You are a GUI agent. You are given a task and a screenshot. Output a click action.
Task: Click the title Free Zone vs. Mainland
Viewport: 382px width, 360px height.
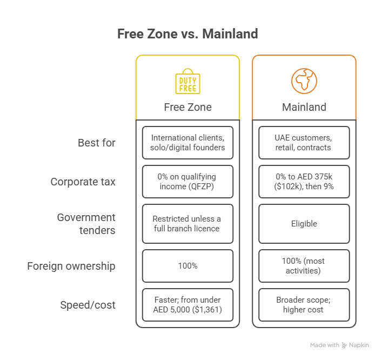pyautogui.click(x=187, y=34)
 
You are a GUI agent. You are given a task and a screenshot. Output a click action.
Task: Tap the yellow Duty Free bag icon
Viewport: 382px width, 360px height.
pyautogui.click(x=187, y=81)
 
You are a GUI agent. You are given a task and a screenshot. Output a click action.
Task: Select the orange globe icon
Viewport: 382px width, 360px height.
pyautogui.click(x=304, y=81)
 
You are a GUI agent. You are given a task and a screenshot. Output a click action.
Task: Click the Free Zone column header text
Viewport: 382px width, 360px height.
pyautogui.click(x=187, y=107)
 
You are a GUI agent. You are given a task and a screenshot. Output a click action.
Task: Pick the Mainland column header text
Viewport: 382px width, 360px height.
pyautogui.click(x=304, y=107)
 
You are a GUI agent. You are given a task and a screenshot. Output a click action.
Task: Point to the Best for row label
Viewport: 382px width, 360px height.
pyautogui.click(x=97, y=143)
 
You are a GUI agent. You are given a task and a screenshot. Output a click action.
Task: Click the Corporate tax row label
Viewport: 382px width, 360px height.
pyautogui.click(x=83, y=182)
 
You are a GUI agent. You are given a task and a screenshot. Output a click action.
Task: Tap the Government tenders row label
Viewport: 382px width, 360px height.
pyautogui.click(x=86, y=224)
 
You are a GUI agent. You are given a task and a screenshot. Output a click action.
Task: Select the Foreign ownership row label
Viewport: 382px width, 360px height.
pyautogui.click(x=71, y=266)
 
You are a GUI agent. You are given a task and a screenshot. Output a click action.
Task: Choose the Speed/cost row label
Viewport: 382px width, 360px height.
pyautogui.click(x=88, y=305)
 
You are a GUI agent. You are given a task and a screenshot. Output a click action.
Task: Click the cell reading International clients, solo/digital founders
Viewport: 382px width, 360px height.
pyautogui.click(x=187, y=143)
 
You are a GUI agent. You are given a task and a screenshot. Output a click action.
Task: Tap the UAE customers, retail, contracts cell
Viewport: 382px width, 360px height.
pyautogui.click(x=304, y=143)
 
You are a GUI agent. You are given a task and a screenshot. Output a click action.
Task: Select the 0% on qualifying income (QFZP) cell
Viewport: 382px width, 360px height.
pyautogui.click(x=187, y=182)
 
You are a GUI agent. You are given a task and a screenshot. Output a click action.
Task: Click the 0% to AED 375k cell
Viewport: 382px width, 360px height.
pyautogui.click(x=304, y=182)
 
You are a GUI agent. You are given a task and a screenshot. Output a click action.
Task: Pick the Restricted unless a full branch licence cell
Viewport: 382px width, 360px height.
pyautogui.click(x=187, y=224)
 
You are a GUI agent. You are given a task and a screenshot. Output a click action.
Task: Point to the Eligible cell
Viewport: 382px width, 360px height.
pyautogui.click(x=304, y=224)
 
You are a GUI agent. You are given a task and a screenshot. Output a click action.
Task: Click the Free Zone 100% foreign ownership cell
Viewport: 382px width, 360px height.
pyautogui.click(x=187, y=266)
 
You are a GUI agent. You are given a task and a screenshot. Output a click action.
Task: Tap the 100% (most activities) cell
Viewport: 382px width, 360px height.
pyautogui.click(x=304, y=266)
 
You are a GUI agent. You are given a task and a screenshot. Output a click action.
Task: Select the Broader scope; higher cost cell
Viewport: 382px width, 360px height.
pyautogui.click(x=304, y=305)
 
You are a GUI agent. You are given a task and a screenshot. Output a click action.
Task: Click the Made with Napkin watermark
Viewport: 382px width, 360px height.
pyautogui.click(x=339, y=345)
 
